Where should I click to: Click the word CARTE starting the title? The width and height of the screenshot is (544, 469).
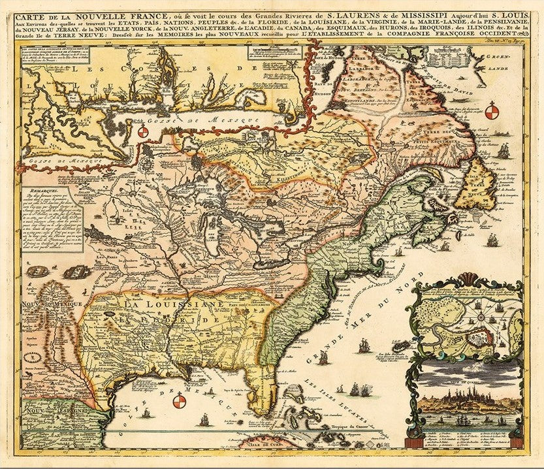coord(35,8)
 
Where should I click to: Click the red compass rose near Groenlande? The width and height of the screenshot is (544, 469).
coord(491,111)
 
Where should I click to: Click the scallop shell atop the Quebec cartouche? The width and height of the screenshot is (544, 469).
coord(465,279)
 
